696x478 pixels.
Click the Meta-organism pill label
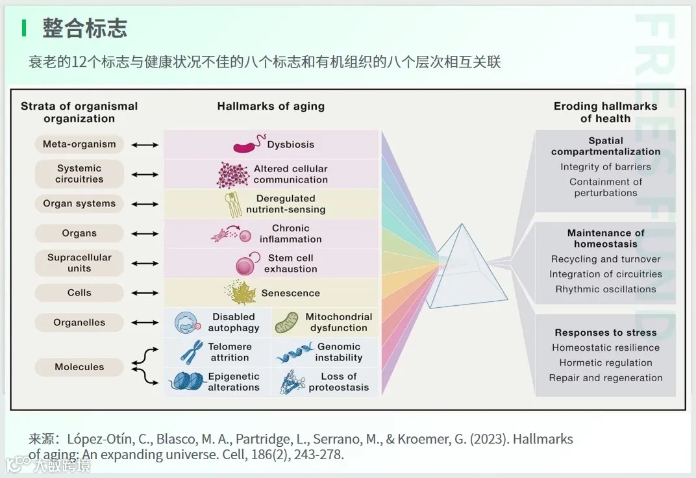click(x=79, y=144)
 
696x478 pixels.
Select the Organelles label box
click(x=79, y=322)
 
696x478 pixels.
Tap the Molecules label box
click(x=79, y=367)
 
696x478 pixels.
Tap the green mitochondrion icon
click(x=286, y=323)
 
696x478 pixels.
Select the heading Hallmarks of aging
click(x=271, y=107)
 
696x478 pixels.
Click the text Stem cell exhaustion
click(x=291, y=263)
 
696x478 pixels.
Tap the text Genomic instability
click(x=338, y=352)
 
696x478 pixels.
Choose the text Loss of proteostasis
click(x=338, y=382)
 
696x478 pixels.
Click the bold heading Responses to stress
click(x=605, y=333)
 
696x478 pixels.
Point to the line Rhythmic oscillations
click(x=605, y=289)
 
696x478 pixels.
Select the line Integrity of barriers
click(x=605, y=167)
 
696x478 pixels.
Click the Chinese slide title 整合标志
click(x=84, y=28)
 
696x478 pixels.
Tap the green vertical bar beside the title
click(x=25, y=28)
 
